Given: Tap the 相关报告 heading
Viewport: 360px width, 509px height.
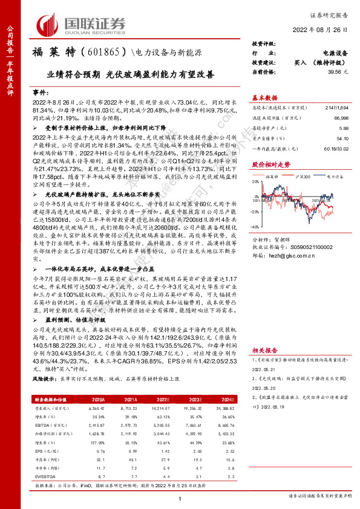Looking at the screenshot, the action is tap(264, 349).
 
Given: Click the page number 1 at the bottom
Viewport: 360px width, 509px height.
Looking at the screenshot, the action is tap(180, 499).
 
